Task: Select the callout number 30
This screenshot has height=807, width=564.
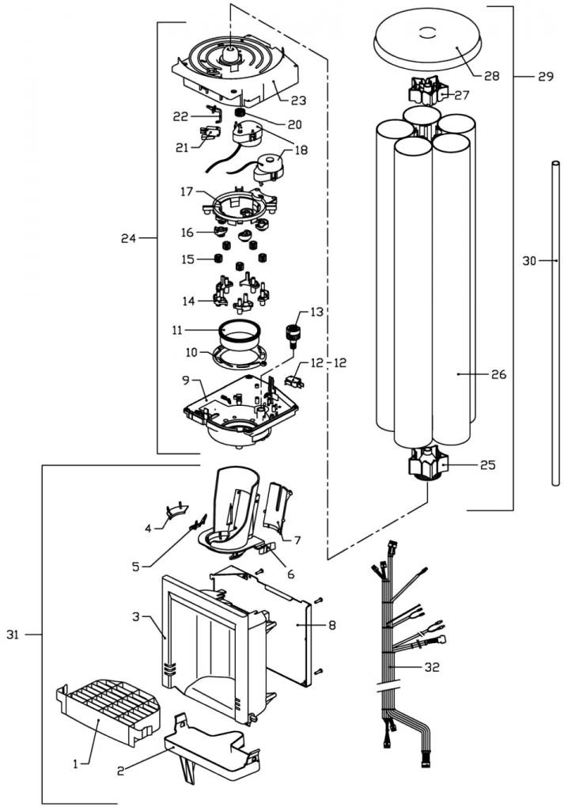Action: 530,260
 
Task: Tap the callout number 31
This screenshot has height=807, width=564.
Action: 13,635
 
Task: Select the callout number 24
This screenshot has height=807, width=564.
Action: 131,237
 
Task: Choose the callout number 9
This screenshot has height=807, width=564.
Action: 186,381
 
